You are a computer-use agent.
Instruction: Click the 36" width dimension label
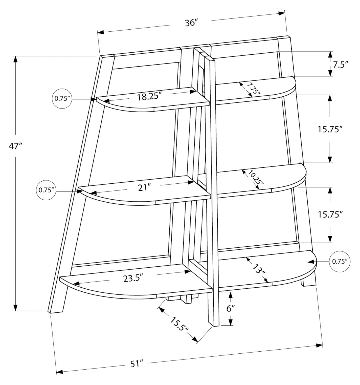pyautogui.click(x=191, y=23)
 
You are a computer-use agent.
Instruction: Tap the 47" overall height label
pyautogui.click(x=16, y=146)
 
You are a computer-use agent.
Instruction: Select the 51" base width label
pyautogui.click(x=137, y=364)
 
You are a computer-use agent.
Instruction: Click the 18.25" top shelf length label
pyautogui.click(x=149, y=96)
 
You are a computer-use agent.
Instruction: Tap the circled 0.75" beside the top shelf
pyautogui.click(x=62, y=99)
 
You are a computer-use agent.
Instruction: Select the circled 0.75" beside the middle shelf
pyautogui.click(x=47, y=190)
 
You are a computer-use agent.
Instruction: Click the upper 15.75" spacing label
pyautogui.click(x=330, y=129)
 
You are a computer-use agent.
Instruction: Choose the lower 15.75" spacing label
pyautogui.click(x=330, y=215)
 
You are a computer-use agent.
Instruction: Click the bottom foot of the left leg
pyautogui.click(x=56, y=311)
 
